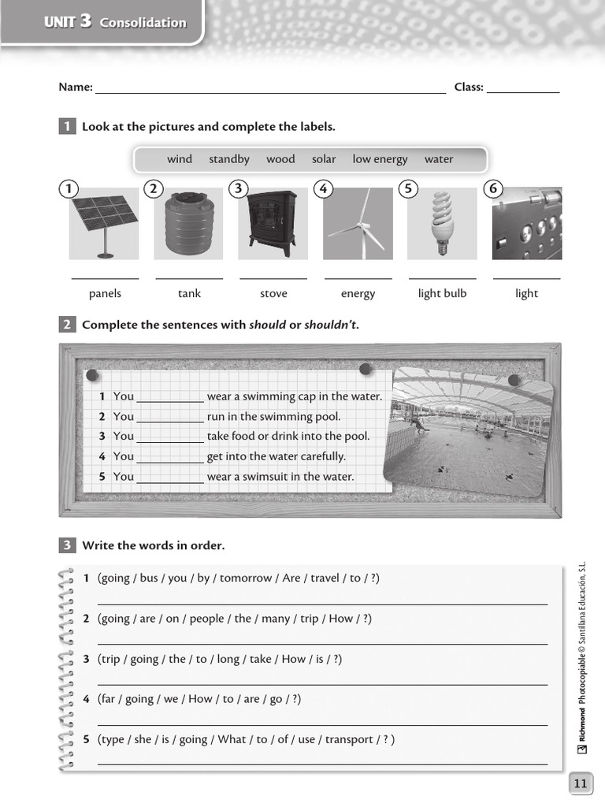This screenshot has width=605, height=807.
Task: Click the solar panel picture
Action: pyautogui.click(x=104, y=223)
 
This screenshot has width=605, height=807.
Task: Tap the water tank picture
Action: pyautogui.click(x=188, y=223)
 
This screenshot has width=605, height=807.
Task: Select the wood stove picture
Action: pyautogui.click(x=273, y=223)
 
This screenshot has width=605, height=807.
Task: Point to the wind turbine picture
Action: pyautogui.click(x=358, y=223)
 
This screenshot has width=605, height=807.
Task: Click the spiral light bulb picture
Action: pyautogui.click(x=442, y=223)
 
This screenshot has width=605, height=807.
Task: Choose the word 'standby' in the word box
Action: pyautogui.click(x=229, y=159)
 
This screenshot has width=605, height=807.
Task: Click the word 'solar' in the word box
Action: pyautogui.click(x=324, y=159)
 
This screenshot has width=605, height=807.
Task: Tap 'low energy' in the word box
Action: pyautogui.click(x=380, y=159)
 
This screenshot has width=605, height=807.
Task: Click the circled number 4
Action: pyautogui.click(x=322, y=188)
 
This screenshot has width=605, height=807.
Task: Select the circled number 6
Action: pyautogui.click(x=493, y=188)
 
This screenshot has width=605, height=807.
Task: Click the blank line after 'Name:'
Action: pyautogui.click(x=270, y=88)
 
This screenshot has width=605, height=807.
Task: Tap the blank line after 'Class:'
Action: pyautogui.click(x=523, y=88)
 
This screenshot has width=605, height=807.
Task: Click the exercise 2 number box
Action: pyautogui.click(x=67, y=325)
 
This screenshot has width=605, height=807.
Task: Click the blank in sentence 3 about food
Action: pyautogui.click(x=170, y=437)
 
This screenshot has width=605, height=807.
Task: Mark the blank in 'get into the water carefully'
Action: pyautogui.click(x=170, y=457)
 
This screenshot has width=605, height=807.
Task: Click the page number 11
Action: pyautogui.click(x=580, y=783)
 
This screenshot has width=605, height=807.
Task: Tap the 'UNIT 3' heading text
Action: pyautogui.click(x=68, y=22)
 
